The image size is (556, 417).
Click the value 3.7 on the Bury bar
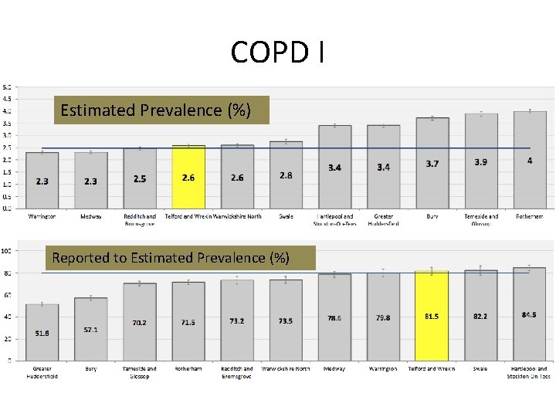pyautogui.click(x=432, y=164)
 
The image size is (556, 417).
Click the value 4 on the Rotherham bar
pyautogui.click(x=530, y=161)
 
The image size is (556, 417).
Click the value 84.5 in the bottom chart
pyautogui.click(x=529, y=315)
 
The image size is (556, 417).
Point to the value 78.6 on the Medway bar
pyautogui.click(x=334, y=317)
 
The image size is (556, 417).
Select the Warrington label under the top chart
pyautogui.click(x=42, y=216)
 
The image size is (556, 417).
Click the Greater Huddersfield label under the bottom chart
pyautogui.click(x=42, y=372)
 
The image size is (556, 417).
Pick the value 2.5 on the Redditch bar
pyautogui.click(x=139, y=178)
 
